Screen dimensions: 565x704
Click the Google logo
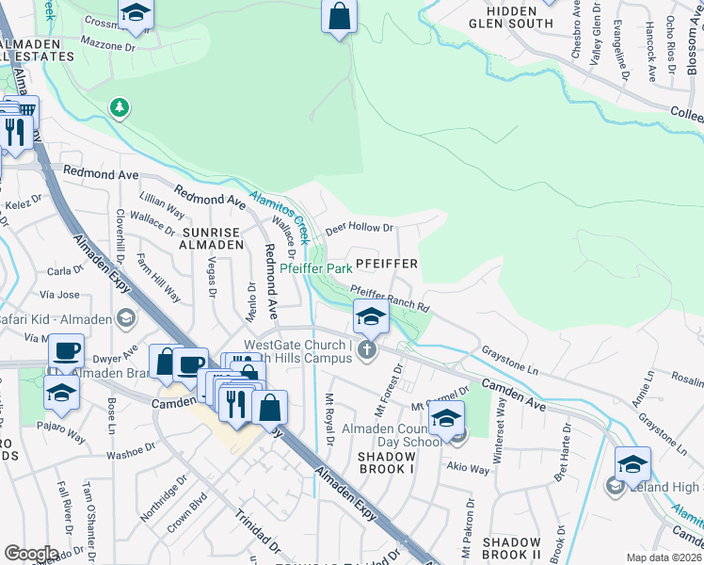32,553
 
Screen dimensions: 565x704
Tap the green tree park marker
119,107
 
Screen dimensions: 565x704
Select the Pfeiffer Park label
316,268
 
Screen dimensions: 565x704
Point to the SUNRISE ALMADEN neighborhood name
214,237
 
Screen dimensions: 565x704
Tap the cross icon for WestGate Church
367,351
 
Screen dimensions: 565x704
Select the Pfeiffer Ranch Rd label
390,299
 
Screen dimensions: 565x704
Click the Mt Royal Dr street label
330,420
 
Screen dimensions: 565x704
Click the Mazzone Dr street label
105,44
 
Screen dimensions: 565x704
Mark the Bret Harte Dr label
564,463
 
